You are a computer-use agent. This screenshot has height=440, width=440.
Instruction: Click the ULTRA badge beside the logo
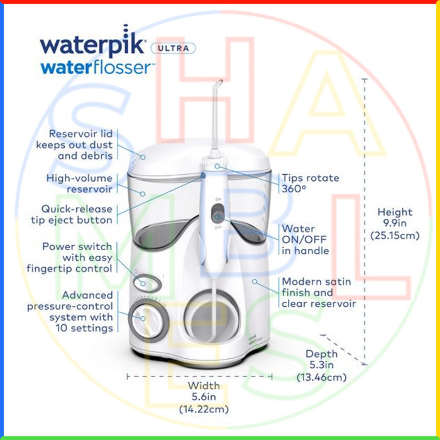point(173,48)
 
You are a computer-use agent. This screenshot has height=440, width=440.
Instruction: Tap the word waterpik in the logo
point(92,42)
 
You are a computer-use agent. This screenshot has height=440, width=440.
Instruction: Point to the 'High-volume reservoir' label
point(79,184)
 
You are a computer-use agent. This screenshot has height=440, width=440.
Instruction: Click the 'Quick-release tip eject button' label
point(72,214)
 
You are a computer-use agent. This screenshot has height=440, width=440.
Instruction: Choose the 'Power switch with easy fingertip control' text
point(70,257)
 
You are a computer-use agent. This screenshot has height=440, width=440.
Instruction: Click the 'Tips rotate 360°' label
point(311,184)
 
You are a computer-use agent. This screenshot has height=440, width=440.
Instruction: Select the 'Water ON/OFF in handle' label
point(305,239)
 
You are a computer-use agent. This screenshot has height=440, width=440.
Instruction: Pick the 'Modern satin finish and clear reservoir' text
point(319,292)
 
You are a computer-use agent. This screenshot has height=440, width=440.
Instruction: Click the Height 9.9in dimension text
point(395,224)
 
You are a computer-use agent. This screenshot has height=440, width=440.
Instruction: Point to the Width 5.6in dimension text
point(204,397)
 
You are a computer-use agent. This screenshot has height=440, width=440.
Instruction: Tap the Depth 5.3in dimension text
point(322,365)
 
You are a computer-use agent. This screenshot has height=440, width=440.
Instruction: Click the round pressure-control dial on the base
point(148,320)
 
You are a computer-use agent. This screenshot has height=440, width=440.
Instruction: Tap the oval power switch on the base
point(147,283)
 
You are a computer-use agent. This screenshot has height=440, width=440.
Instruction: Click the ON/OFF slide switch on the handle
point(217,214)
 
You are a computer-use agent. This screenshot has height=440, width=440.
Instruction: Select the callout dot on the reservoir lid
point(143,157)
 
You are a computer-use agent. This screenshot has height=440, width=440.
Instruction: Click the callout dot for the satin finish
point(255,281)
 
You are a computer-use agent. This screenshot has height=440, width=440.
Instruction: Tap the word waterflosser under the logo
point(97,68)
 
